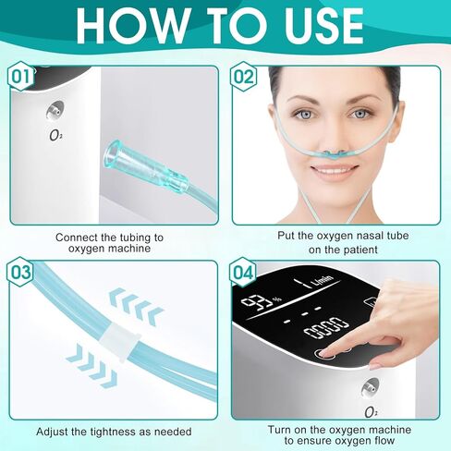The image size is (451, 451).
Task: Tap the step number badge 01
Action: pos(20,78)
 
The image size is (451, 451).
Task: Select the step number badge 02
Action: pos(244,78)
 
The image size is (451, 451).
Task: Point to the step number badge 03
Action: pos(20,273)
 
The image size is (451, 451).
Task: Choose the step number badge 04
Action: pos(244,273)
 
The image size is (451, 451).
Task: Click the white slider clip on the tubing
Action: pos(116,343)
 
